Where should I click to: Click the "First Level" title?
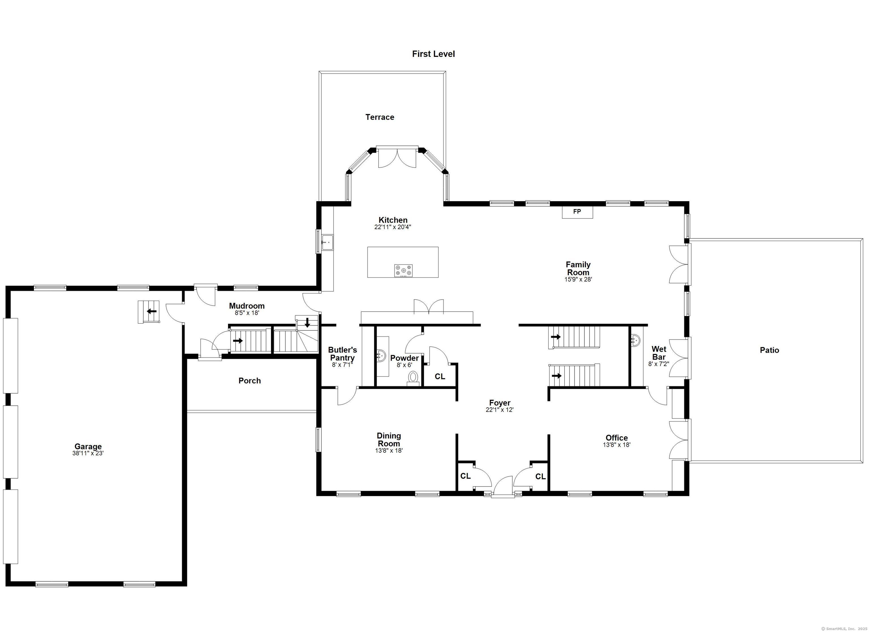433,54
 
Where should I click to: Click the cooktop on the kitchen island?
403,270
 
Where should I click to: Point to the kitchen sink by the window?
327,242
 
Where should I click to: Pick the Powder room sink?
382,355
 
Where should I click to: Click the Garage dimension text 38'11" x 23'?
89,453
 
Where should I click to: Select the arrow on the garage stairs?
152,311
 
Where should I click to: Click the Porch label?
249,381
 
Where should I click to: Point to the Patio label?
769,350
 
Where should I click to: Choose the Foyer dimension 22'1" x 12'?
500,410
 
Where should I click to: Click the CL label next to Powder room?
440,377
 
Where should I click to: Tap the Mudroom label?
247,306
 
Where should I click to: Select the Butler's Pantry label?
343,354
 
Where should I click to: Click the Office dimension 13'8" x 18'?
616,445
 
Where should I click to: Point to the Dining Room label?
389,440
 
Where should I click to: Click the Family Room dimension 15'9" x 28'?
578,280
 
